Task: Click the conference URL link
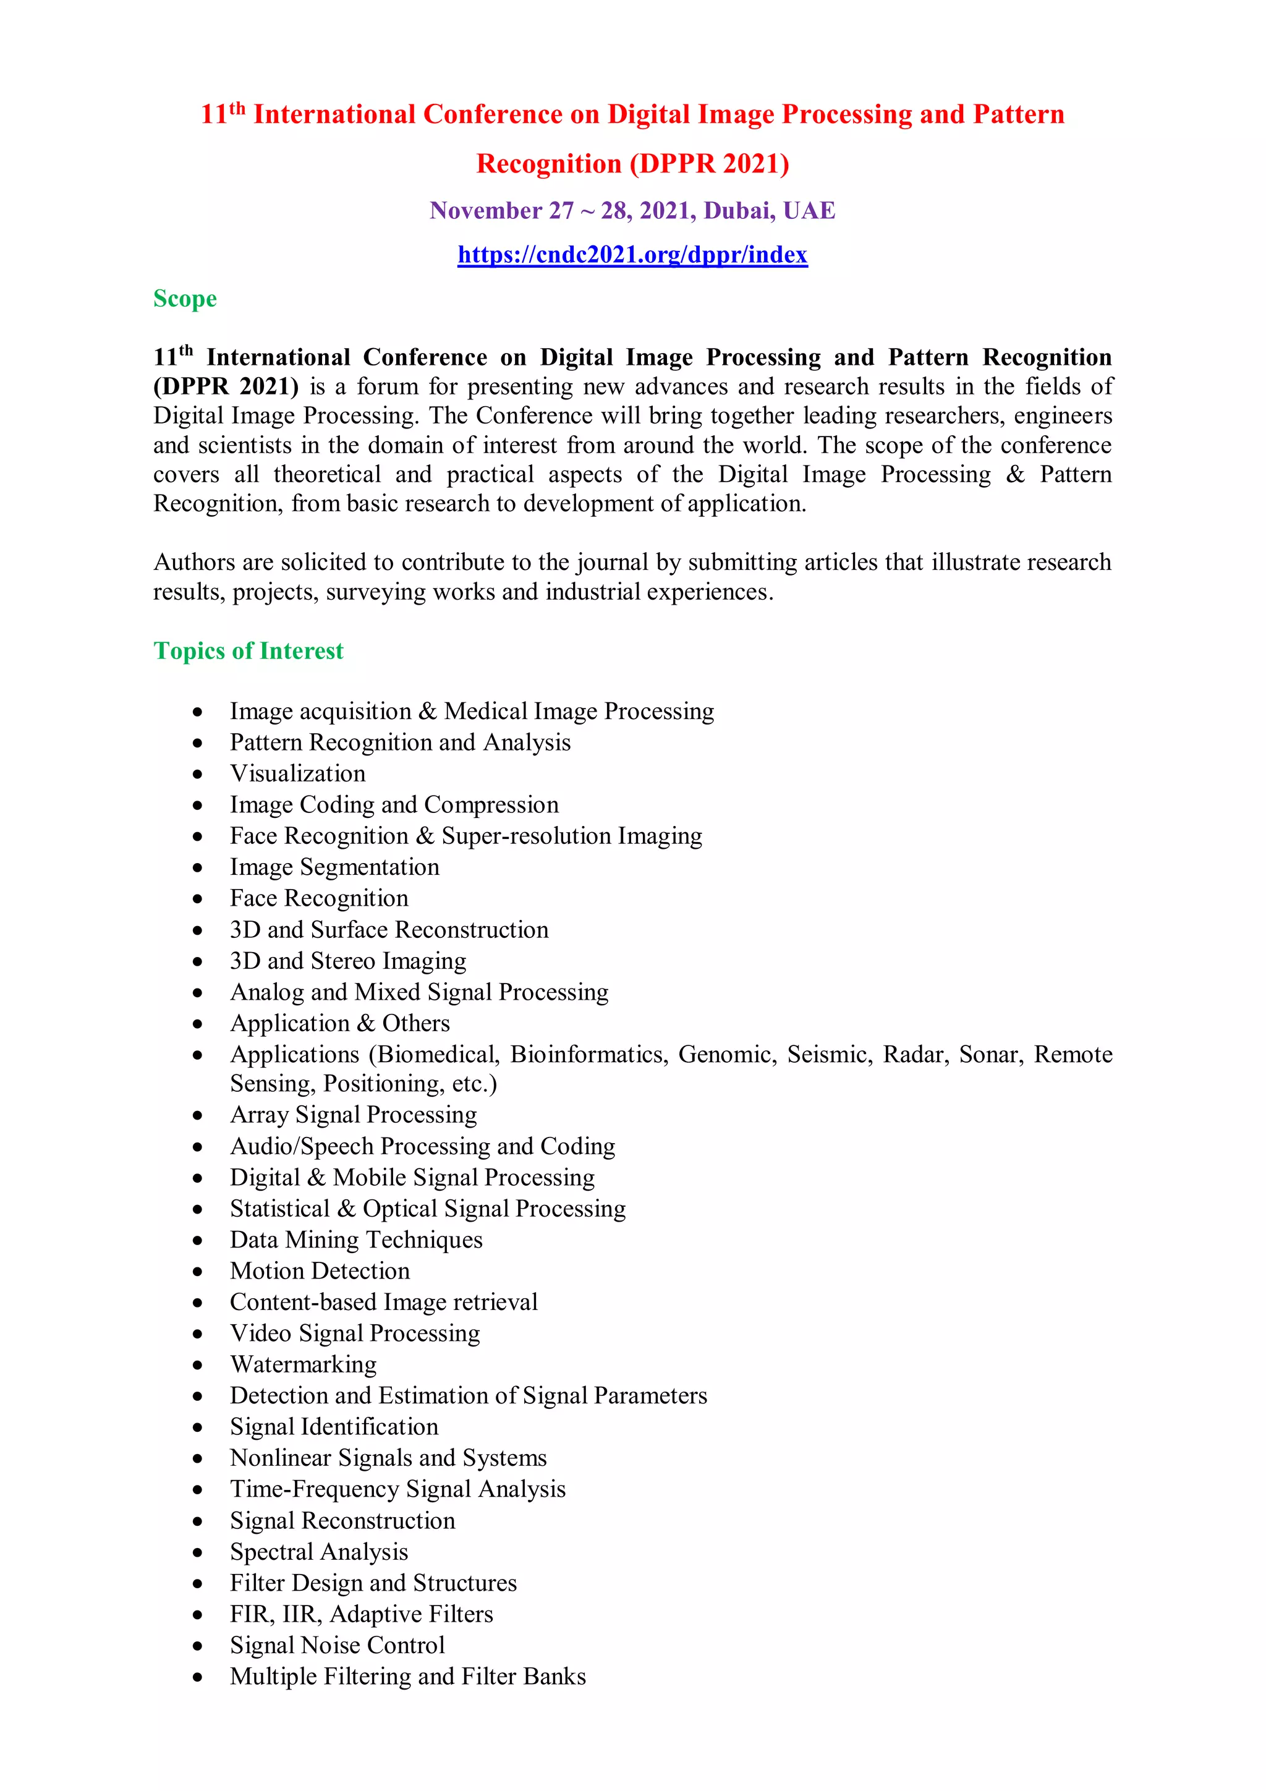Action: [x=632, y=255]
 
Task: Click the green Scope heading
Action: [x=185, y=299]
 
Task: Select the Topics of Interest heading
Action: [x=248, y=650]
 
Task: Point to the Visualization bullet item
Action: [x=297, y=773]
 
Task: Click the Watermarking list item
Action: [x=304, y=1364]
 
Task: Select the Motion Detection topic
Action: [x=320, y=1270]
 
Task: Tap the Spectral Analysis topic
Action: [x=319, y=1552]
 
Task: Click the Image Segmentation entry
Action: [x=334, y=867]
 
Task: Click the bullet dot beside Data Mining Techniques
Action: [x=198, y=1240]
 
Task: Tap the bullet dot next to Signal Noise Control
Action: [x=198, y=1646]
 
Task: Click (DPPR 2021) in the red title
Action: [x=709, y=164]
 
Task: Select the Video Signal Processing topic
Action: [x=355, y=1332]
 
